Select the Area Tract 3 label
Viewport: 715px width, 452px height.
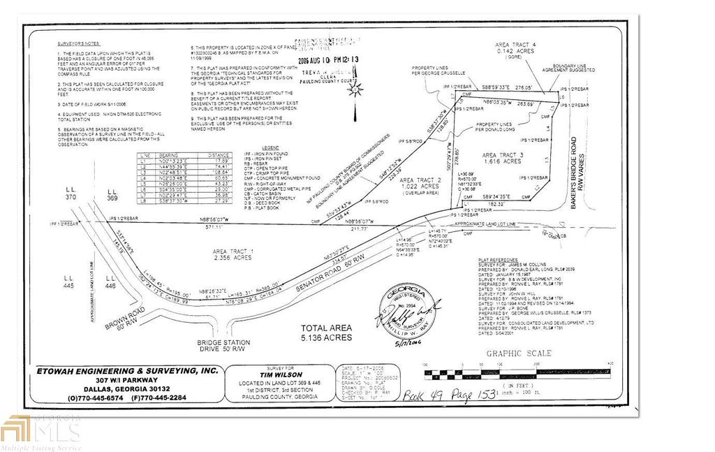point(501,158)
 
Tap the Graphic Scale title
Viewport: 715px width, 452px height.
point(519,353)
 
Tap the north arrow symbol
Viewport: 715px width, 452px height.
point(355,92)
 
